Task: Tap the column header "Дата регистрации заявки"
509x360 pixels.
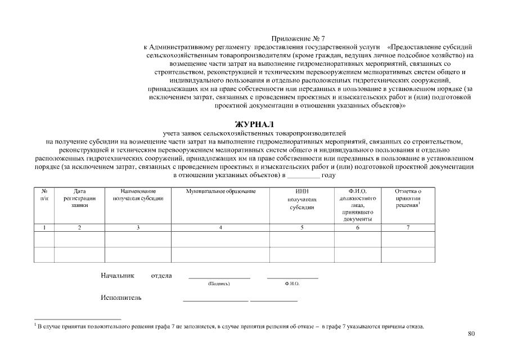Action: (x=79, y=199)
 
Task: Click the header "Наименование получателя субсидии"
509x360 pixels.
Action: (x=138, y=195)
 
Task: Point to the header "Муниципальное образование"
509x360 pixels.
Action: (x=220, y=192)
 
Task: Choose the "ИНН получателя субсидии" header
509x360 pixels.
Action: (x=302, y=199)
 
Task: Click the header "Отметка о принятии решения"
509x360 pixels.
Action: (x=408, y=199)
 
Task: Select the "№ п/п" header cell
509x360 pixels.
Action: (x=44, y=195)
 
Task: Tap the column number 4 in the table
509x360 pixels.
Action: (x=220, y=227)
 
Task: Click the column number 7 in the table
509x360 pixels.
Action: (x=408, y=227)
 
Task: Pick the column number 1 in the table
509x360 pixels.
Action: (x=44, y=227)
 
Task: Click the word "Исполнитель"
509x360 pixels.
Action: (x=121, y=298)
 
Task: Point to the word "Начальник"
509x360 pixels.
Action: (x=118, y=276)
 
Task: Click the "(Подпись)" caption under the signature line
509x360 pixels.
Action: (x=219, y=284)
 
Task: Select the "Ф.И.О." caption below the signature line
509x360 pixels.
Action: (x=292, y=284)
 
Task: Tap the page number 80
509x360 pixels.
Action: (x=471, y=334)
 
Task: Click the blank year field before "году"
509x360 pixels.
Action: (x=303, y=175)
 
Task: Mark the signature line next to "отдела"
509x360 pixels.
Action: (x=219, y=278)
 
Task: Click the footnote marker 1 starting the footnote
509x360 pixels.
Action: (x=35, y=325)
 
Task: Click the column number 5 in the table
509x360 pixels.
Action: (x=302, y=227)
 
